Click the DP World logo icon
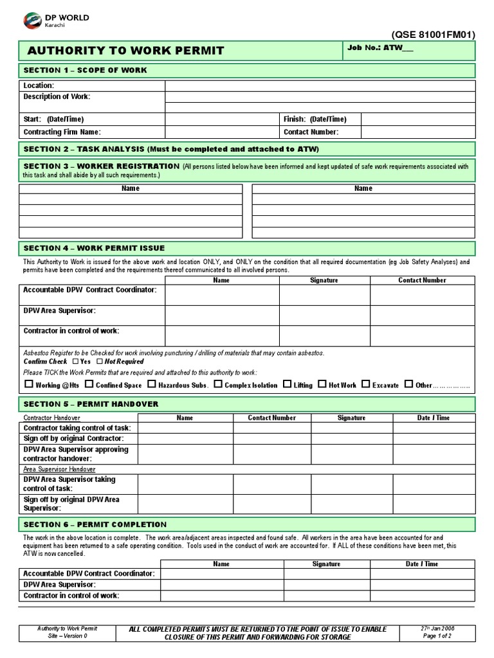click(x=32, y=21)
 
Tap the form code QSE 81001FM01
click(x=433, y=35)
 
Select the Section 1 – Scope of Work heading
click(x=86, y=70)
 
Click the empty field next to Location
click(x=320, y=85)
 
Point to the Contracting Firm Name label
click(x=62, y=132)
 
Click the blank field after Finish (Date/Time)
click(x=417, y=120)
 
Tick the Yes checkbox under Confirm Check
click(x=75, y=362)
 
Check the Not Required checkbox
click(x=100, y=362)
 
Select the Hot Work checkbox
click(x=322, y=384)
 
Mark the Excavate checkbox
click(x=365, y=384)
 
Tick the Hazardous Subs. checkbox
click(x=152, y=384)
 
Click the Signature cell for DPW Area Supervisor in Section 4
click(x=324, y=315)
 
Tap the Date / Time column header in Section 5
click(x=433, y=418)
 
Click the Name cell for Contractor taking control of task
click(x=185, y=428)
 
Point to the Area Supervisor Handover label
click(x=59, y=469)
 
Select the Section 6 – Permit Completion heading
click(x=95, y=524)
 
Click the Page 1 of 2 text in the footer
click(x=437, y=636)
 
